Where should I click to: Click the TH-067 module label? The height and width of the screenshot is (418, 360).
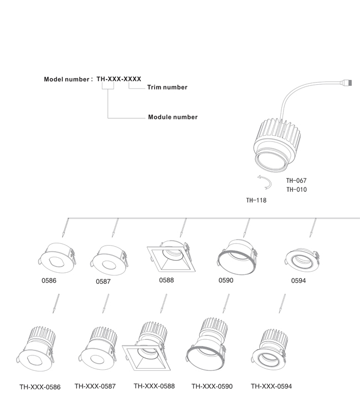tap(296, 181)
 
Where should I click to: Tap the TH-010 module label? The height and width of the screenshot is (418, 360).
tap(297, 190)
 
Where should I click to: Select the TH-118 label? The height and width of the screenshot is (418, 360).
tap(256, 200)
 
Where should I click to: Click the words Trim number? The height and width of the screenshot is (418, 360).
tap(167, 87)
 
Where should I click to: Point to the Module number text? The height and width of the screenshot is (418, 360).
tap(173, 117)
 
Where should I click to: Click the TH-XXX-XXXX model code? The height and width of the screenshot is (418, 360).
tap(119, 79)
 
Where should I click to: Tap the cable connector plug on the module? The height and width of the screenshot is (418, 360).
tap(347, 83)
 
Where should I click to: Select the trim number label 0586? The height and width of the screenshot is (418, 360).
tap(49, 281)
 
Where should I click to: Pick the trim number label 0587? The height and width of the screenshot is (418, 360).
tap(103, 282)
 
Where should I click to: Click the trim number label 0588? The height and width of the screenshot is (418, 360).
tap(166, 280)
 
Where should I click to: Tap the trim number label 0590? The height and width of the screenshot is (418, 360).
tap(226, 281)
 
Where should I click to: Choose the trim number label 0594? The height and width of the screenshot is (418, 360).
tap(299, 281)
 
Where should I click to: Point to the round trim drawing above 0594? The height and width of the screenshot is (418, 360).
tap(302, 261)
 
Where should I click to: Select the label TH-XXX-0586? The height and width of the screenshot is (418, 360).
tap(40, 387)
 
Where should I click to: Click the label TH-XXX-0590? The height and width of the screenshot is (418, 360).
tap(212, 386)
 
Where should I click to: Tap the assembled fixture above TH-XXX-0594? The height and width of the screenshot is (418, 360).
tap(270, 350)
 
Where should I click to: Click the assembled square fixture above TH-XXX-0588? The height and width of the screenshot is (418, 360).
tap(146, 346)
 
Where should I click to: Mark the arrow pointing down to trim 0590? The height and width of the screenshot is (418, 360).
tap(246, 228)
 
